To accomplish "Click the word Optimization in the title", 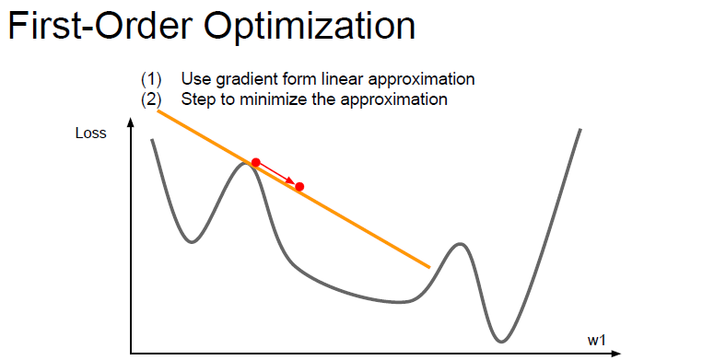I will coord(310,27).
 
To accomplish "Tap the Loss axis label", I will coord(90,134).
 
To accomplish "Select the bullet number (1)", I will coord(150,79).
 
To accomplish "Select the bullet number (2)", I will coord(150,99).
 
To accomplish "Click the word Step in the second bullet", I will coord(197,99).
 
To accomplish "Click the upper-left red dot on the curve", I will coord(256,163).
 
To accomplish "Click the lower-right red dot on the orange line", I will coord(299,187).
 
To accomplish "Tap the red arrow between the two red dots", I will coord(278,175).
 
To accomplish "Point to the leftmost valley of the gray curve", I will coord(191,241).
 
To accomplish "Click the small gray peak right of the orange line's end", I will coord(458,244).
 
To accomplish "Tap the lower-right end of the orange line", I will coord(428,266).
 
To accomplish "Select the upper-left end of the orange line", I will coord(159,110).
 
